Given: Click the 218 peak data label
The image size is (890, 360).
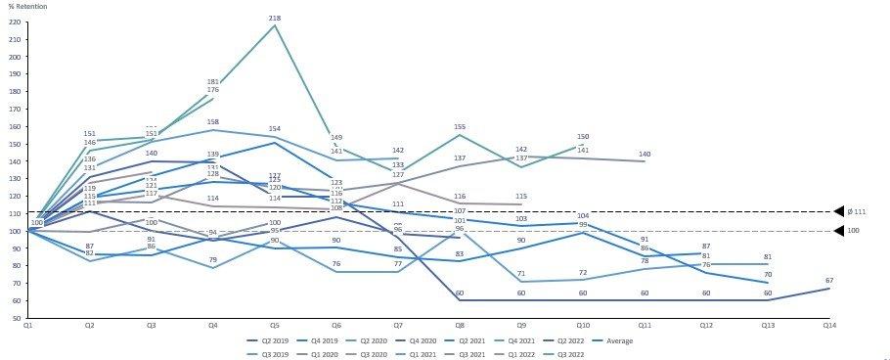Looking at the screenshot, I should (275, 19).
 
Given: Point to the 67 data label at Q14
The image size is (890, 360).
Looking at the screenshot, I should (829, 281).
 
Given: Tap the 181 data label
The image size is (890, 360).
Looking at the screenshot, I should (213, 82).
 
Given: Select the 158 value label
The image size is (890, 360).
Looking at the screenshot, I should (213, 122).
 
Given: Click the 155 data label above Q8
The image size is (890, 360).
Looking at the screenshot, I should (460, 127).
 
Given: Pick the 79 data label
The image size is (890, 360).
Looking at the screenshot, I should (213, 259).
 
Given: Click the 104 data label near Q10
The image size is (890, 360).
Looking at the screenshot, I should (583, 215).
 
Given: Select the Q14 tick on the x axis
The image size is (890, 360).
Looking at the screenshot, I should (829, 325).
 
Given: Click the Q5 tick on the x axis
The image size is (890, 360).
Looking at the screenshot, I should (275, 325).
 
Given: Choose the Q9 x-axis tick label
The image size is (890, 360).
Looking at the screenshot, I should (521, 325).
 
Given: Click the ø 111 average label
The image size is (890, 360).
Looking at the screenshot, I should (860, 212).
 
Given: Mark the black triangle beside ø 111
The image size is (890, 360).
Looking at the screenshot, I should (838, 211).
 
